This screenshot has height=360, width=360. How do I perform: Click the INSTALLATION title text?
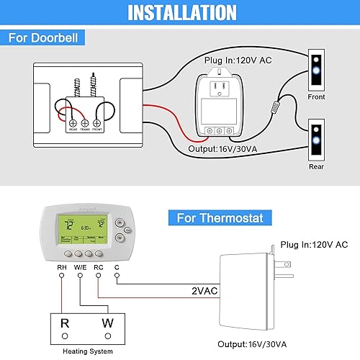tap(180, 13)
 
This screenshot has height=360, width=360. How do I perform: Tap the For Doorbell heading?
tap(44, 37)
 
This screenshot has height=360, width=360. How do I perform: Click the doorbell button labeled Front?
tap(316, 70)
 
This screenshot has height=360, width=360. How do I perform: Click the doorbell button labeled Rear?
tap(316, 141)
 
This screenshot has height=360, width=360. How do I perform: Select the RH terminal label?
tap(62, 268)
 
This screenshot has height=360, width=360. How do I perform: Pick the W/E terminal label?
tap(80, 268)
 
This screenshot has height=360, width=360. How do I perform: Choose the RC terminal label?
tap(99, 268)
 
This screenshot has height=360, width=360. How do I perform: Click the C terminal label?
tap(117, 268)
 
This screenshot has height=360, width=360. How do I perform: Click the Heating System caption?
tap(82, 351)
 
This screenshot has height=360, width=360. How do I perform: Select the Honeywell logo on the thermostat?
tap(81, 211)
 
